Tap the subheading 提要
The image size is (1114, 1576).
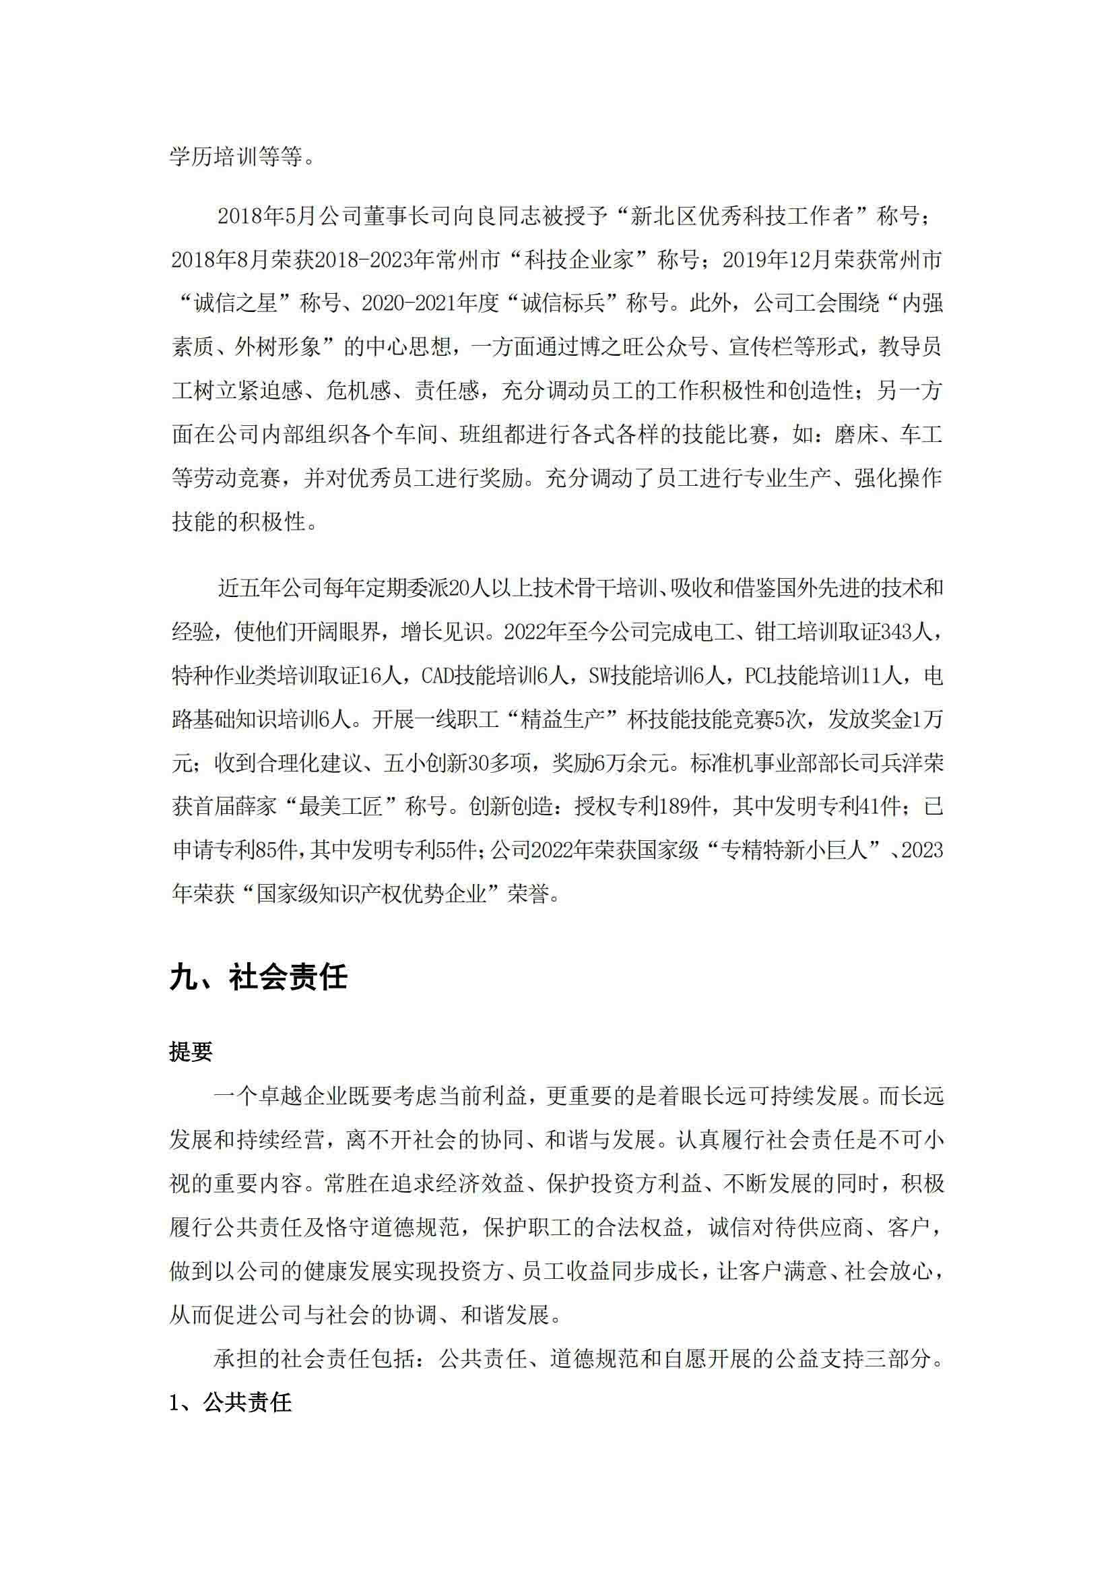191,1052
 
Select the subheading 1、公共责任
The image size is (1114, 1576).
230,1402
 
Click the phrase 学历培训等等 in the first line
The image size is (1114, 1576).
235,156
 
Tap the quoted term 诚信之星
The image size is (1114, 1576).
235,304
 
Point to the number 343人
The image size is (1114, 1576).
905,632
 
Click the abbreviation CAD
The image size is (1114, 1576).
436,676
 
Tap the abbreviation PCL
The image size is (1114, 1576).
760,676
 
